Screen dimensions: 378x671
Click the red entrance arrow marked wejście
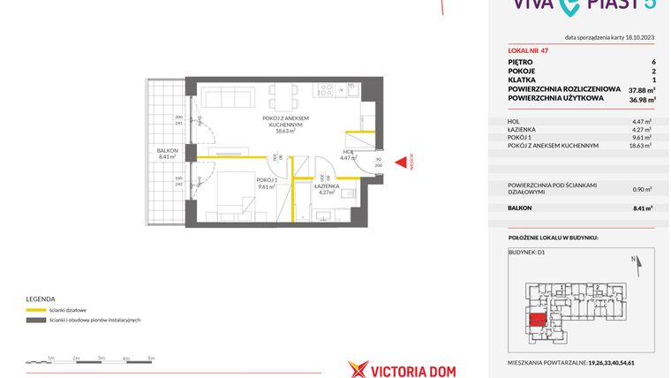coord(402,162)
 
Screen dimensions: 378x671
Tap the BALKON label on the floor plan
coord(168,154)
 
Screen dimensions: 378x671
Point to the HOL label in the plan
coord(349,154)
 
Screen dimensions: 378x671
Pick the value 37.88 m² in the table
coord(639,90)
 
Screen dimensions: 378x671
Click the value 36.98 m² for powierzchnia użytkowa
coord(639,98)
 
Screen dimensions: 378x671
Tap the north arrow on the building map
coord(636,262)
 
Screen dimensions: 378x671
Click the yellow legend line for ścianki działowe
coord(36,310)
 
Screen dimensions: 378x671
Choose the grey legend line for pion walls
coord(36,320)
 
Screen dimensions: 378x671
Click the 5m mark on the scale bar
coord(151,359)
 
